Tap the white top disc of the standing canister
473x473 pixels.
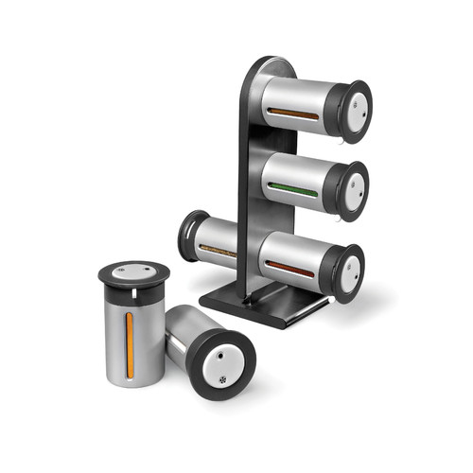[x=133, y=274]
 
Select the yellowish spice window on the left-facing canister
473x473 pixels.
[x=219, y=250]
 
